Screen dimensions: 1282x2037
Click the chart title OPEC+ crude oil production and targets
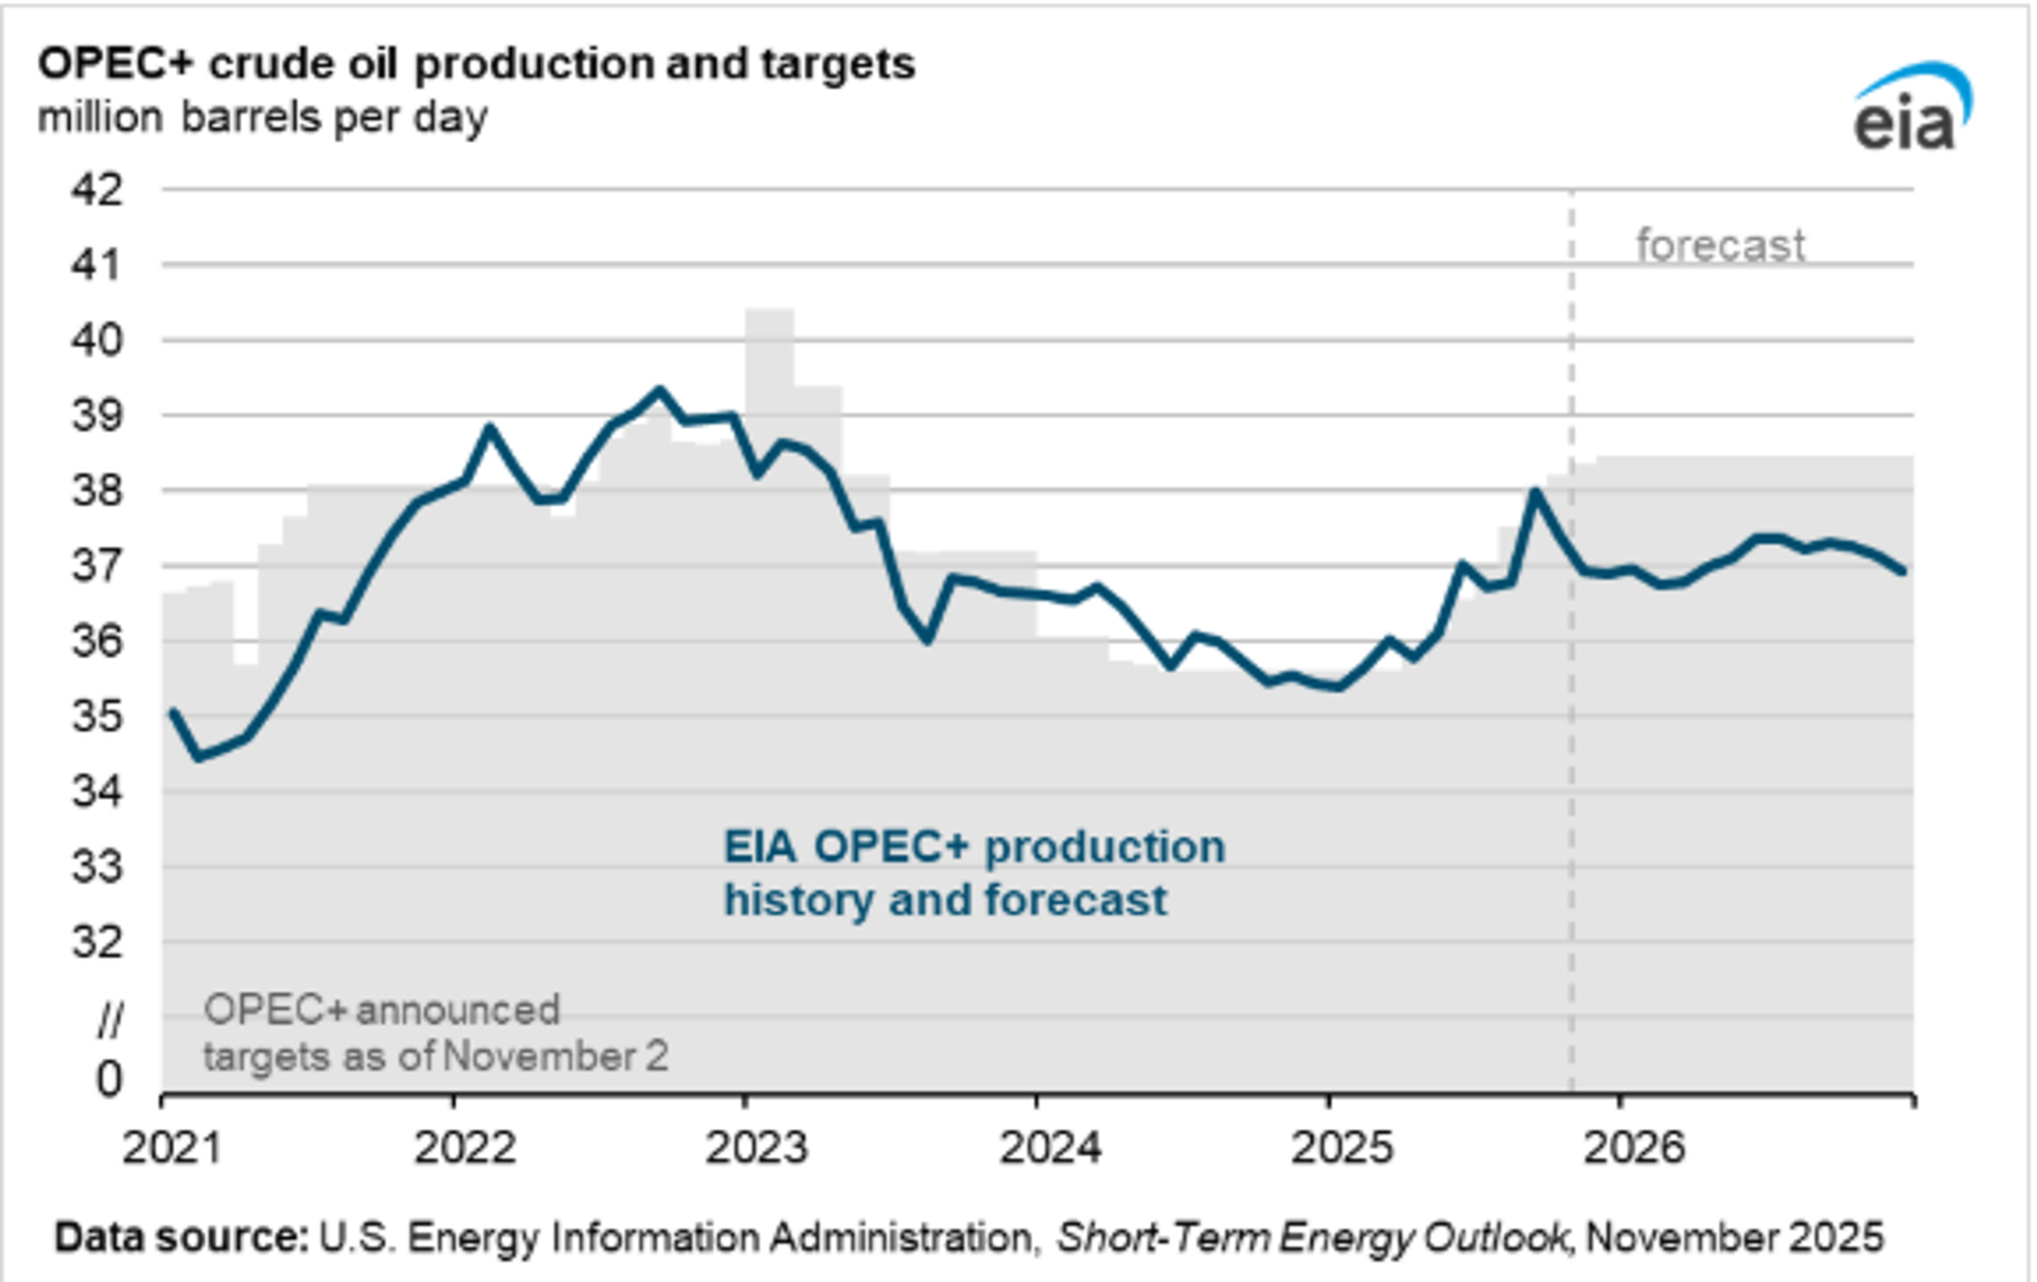476,64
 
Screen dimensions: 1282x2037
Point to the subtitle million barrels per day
262,117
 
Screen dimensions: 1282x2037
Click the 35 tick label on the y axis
97,717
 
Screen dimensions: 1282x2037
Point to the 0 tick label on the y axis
108,1079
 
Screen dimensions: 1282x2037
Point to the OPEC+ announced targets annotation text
436,1033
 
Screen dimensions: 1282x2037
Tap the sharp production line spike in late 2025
1534,492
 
